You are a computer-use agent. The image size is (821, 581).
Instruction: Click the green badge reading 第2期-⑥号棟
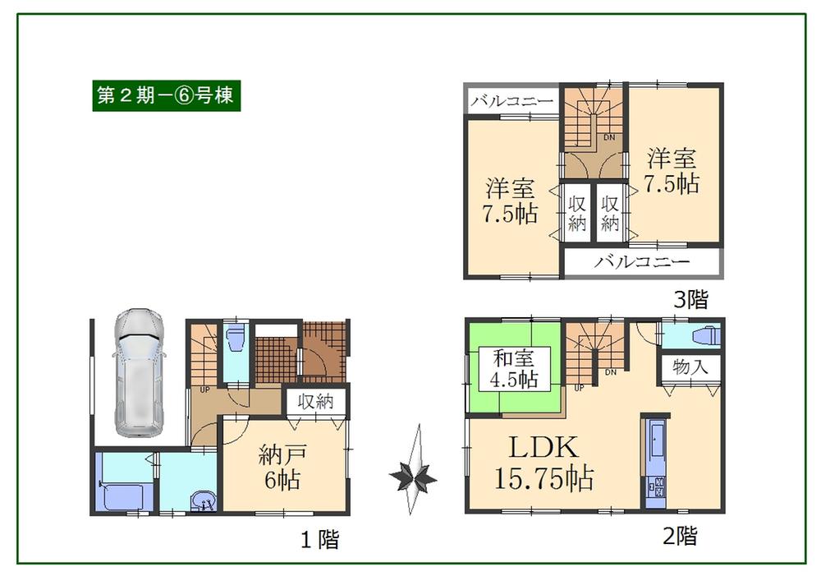[166, 95]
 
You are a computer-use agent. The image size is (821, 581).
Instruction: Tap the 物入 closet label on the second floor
[690, 367]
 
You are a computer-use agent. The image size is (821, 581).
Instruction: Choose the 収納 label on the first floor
[315, 403]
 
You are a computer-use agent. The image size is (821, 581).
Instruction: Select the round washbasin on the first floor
[202, 500]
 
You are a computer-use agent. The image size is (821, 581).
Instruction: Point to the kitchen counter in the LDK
[657, 460]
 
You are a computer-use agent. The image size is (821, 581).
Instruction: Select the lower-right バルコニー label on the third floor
[642, 263]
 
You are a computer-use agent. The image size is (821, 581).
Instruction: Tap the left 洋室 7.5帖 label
[511, 201]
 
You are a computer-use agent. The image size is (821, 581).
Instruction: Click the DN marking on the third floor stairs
[610, 137]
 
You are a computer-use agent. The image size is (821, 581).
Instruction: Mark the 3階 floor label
[690, 300]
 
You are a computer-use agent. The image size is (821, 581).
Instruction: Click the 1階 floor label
[318, 540]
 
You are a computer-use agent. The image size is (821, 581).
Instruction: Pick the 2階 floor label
[680, 537]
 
